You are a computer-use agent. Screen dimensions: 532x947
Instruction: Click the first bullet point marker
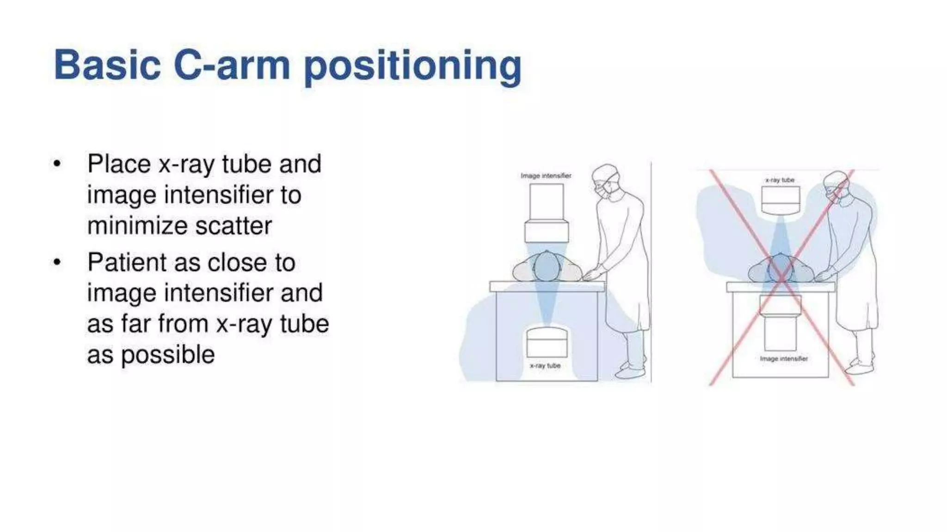(57, 164)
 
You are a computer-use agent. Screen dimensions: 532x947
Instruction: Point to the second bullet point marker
(57, 263)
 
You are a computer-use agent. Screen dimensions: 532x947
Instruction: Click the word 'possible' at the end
(168, 355)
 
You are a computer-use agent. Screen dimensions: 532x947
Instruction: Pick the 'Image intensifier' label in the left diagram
(546, 176)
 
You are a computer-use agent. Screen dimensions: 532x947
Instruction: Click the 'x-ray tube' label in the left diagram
(545, 366)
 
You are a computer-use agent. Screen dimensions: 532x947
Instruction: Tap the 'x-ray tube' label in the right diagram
(780, 180)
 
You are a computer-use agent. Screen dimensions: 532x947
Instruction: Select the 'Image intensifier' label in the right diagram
(784, 359)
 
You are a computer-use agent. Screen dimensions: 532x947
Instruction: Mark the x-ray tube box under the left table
(547, 342)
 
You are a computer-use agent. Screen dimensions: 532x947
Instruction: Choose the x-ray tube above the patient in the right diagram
(780, 200)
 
